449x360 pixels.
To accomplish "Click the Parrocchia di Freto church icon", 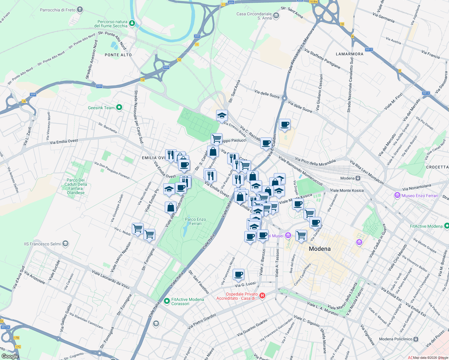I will [80, 10].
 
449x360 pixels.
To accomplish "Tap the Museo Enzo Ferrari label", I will [420, 196].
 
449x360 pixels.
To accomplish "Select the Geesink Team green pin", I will [119, 107].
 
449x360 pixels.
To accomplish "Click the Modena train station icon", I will [358, 178].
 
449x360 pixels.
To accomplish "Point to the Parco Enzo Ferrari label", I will [195, 221].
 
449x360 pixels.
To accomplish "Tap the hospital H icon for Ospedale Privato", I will [262, 296].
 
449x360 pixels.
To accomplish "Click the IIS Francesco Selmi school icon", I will [65, 244].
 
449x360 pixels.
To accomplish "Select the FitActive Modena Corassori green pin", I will [167, 301].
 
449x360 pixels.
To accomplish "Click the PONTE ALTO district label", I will [118, 55].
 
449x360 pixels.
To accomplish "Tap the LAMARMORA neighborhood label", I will [350, 54].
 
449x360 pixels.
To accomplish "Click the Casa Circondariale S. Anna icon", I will [276, 16].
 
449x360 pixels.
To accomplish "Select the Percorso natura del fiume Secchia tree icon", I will [132, 23].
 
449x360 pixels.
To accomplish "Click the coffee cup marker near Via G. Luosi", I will [238, 274].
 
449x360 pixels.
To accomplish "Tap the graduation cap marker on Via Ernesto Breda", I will [222, 116].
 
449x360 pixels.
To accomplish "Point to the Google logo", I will [10, 356].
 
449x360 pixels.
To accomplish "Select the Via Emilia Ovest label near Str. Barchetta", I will [64, 141].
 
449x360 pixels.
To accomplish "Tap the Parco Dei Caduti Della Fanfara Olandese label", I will [76, 186].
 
